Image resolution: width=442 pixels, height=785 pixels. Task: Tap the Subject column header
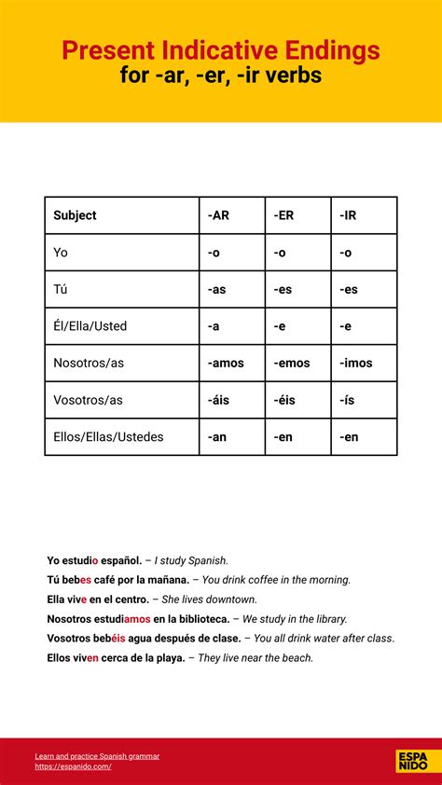75,215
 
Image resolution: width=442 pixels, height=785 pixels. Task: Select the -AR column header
218,215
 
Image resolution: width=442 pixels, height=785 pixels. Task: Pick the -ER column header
283,215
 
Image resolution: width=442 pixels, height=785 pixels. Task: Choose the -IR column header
347,215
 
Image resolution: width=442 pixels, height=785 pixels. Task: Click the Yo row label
61,253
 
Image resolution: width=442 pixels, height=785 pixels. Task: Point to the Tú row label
61,289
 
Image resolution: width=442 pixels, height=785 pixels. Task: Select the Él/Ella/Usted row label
90,326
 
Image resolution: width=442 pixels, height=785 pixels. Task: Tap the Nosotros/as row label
89,363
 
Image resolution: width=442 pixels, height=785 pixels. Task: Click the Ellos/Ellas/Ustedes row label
108,436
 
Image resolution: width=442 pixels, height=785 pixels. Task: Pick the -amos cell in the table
226,363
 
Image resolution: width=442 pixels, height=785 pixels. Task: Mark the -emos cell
292,363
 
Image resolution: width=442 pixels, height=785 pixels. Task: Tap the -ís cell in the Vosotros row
348,400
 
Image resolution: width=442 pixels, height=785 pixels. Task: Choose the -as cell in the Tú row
216,289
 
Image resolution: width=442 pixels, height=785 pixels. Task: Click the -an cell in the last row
217,436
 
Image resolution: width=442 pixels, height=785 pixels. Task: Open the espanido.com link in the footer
73,766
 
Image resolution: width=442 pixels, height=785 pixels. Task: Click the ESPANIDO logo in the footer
412,761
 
